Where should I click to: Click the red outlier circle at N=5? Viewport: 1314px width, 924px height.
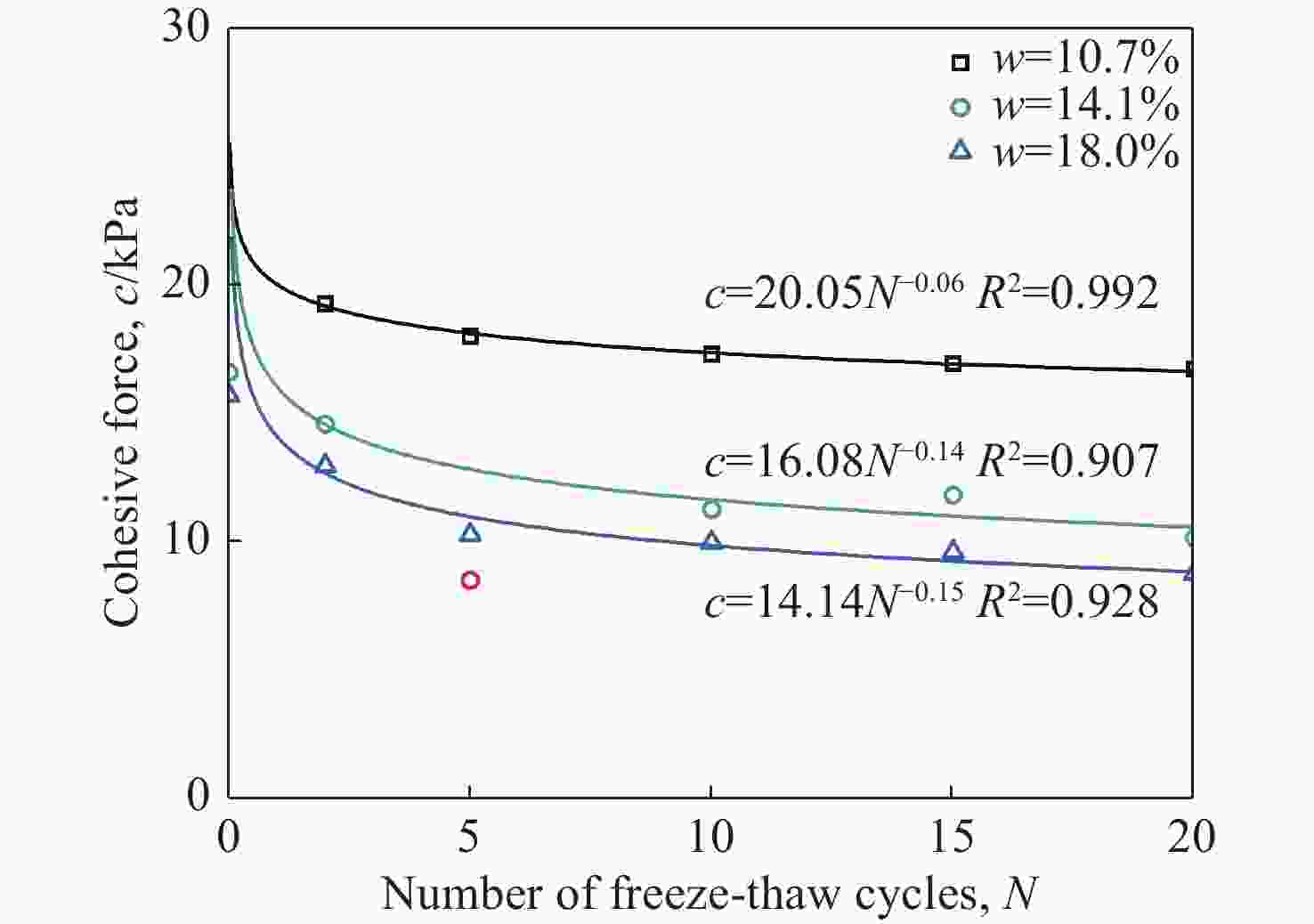pos(470,580)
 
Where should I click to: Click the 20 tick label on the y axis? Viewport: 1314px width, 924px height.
pos(185,284)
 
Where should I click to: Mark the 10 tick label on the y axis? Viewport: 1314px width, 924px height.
pos(185,539)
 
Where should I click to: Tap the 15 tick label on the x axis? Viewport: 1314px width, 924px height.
pos(952,837)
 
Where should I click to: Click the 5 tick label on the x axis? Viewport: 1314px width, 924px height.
pos(469,837)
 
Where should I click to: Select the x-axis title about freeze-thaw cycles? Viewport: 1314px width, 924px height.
pos(710,892)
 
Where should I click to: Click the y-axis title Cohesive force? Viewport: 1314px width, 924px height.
pos(121,412)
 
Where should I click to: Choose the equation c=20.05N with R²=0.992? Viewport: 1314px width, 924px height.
pos(931,293)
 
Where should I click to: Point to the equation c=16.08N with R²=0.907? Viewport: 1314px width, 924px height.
pos(931,460)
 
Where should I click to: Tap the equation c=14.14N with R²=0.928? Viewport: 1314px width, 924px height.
pos(931,602)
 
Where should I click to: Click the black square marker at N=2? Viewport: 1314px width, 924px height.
pos(325,304)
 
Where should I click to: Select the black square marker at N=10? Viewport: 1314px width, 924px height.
pos(711,353)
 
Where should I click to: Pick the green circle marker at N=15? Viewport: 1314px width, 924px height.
pos(953,495)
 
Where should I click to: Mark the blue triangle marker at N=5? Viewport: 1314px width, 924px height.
pos(470,533)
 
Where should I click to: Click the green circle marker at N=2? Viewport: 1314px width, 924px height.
pos(325,424)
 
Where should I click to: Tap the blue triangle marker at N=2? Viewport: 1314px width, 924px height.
pos(325,465)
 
